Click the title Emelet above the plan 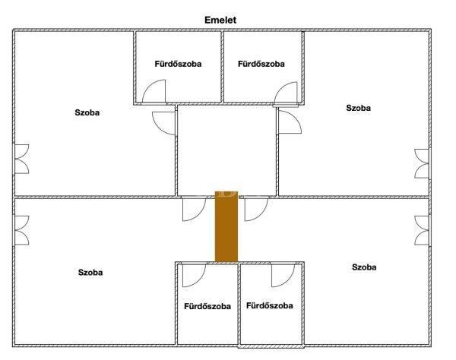pyautogui.click(x=220, y=20)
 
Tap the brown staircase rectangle pyautogui.click(x=226, y=226)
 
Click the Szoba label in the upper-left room pyautogui.click(x=87, y=112)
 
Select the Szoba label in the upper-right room pyautogui.click(x=358, y=108)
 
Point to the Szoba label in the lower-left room pyautogui.click(x=90, y=272)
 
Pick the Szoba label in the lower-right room pyautogui.click(x=364, y=267)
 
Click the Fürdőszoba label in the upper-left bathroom pyautogui.click(x=178, y=64)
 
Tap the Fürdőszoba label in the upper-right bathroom pyautogui.click(x=261, y=64)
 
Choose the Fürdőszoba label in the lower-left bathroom pyautogui.click(x=207, y=306)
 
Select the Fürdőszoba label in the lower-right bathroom pyautogui.click(x=270, y=305)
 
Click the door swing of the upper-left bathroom pyautogui.click(x=154, y=91)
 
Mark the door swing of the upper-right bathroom pyautogui.click(x=286, y=93)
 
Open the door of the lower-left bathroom pyautogui.click(x=194, y=276)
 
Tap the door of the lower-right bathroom pyautogui.click(x=283, y=276)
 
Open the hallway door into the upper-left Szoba pyautogui.click(x=163, y=123)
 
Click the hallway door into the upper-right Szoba pyautogui.click(x=290, y=121)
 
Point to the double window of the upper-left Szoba pyautogui.click(x=22, y=159)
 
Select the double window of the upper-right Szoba pyautogui.click(x=422, y=163)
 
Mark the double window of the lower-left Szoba pyautogui.click(x=22, y=230)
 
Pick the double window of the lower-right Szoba pyautogui.click(x=422, y=230)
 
